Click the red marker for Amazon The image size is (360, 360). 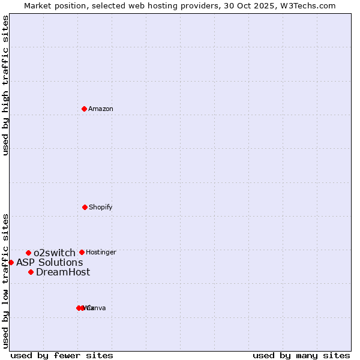coord(84,109)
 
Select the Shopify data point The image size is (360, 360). coord(85,207)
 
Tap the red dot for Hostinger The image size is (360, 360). coord(82,252)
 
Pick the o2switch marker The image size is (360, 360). coord(28,253)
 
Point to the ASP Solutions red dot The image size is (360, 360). coord(11,262)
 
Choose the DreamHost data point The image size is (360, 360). coord(31,272)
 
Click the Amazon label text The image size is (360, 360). coord(101,109)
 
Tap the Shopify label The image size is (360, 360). coord(101,207)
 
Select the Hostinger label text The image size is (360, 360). coord(101,252)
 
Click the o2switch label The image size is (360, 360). coord(55,253)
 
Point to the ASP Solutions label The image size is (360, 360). coord(50,262)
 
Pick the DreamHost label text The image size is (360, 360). coord(63,272)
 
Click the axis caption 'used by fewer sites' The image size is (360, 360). coord(62,355)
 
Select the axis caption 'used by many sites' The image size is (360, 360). coord(301,355)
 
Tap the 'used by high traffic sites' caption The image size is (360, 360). coord(6,85)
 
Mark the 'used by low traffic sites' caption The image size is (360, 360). coord(6,280)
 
